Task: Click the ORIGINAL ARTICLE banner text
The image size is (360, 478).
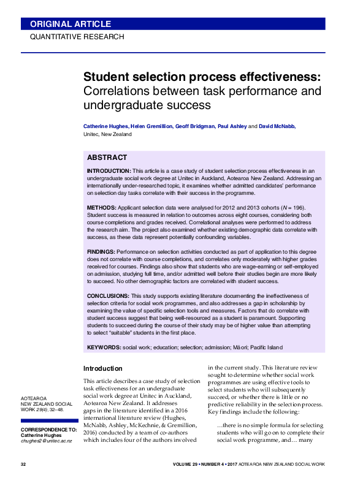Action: (71, 24)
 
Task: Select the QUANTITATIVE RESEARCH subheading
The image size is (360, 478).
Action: (77, 37)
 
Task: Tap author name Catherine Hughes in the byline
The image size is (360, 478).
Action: (106, 126)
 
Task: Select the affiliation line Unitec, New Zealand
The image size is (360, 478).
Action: (107, 134)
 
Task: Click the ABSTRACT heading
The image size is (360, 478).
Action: (107, 157)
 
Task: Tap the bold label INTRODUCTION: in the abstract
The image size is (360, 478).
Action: (109, 170)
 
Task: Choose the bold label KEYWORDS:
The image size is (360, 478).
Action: (104, 347)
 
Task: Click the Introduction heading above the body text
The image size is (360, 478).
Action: (102, 368)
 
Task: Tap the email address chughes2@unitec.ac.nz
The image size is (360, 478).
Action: (47, 441)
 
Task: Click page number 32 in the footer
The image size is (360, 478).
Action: (23, 465)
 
